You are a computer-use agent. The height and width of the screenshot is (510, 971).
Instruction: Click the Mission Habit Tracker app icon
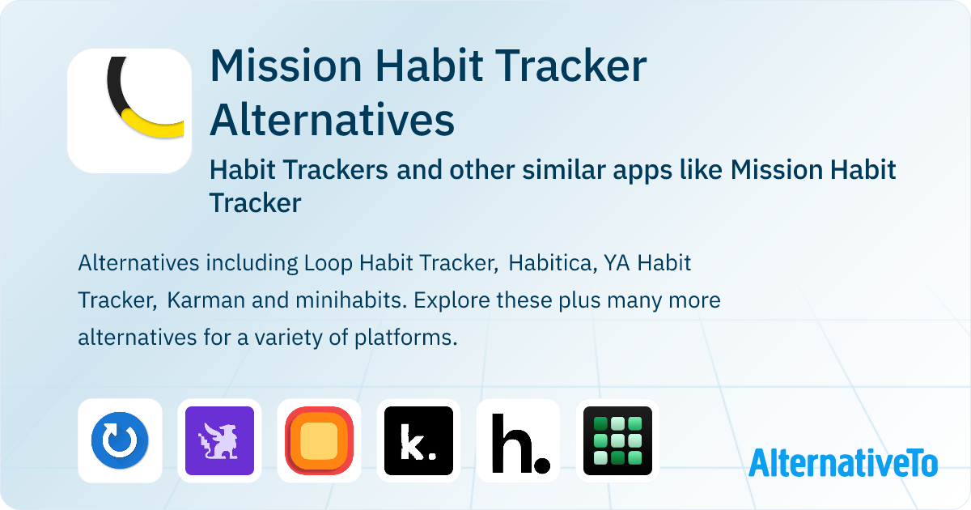(x=129, y=111)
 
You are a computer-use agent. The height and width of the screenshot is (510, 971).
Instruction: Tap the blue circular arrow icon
(x=120, y=440)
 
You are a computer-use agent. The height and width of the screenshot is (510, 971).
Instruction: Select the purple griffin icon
(x=219, y=440)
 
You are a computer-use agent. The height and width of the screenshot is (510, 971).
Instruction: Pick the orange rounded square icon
(x=320, y=440)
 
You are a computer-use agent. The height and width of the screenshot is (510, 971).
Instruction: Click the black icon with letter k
(x=418, y=440)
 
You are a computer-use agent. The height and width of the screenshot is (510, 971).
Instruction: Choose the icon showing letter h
(x=519, y=440)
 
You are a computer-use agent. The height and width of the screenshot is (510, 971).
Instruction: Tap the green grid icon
(x=617, y=440)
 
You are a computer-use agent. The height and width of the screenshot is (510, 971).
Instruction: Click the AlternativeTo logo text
(x=843, y=463)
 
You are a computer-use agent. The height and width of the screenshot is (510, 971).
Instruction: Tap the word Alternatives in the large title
(x=332, y=119)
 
